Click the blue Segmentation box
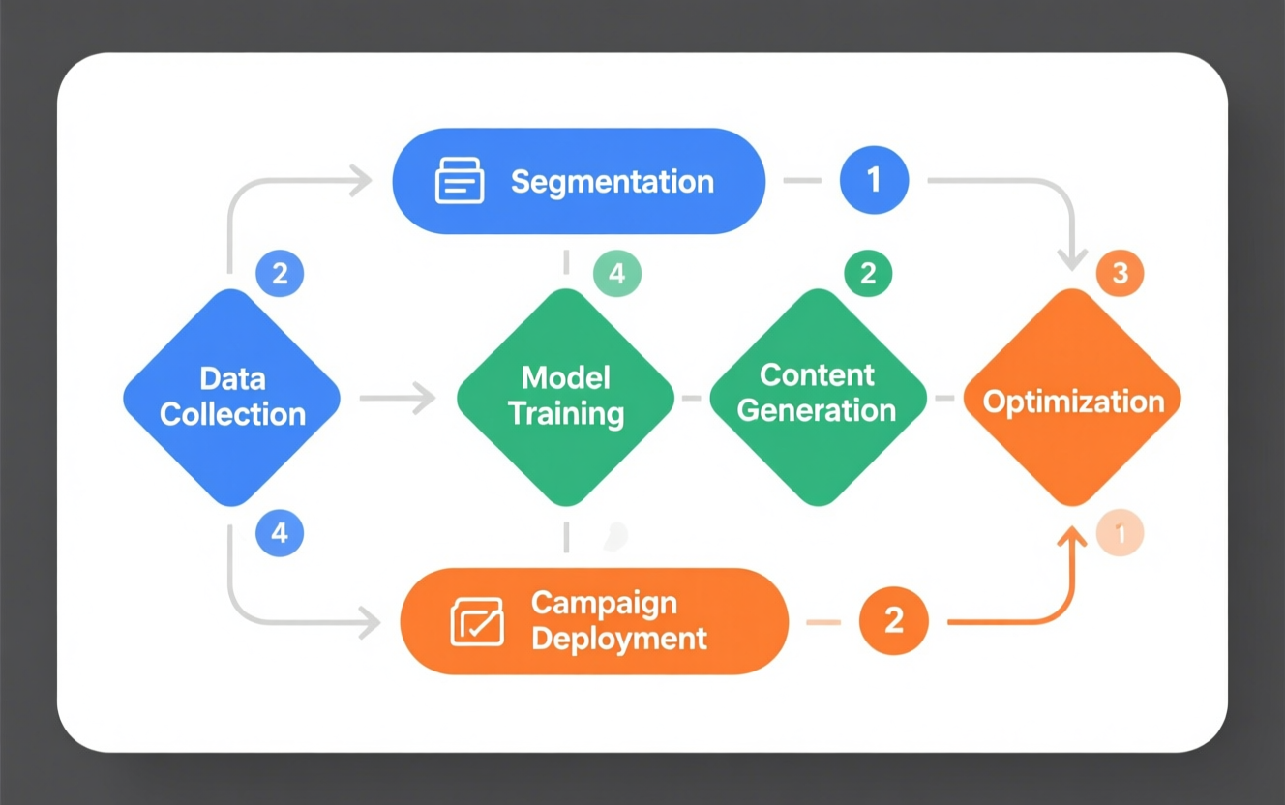(x=579, y=181)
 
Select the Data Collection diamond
(x=232, y=397)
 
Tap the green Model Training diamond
(x=566, y=397)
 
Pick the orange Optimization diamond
(x=1072, y=399)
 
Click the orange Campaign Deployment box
(x=594, y=621)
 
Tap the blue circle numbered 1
(x=874, y=180)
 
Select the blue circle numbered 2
(x=280, y=274)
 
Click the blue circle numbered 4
(x=280, y=533)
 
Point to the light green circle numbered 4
(x=616, y=274)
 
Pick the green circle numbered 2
(x=868, y=274)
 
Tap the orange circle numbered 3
(x=1120, y=274)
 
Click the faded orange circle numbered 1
(x=1120, y=533)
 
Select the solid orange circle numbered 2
(x=893, y=620)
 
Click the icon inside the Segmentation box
(x=460, y=181)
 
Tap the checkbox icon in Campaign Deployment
(x=477, y=621)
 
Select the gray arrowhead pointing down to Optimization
(x=1071, y=259)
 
